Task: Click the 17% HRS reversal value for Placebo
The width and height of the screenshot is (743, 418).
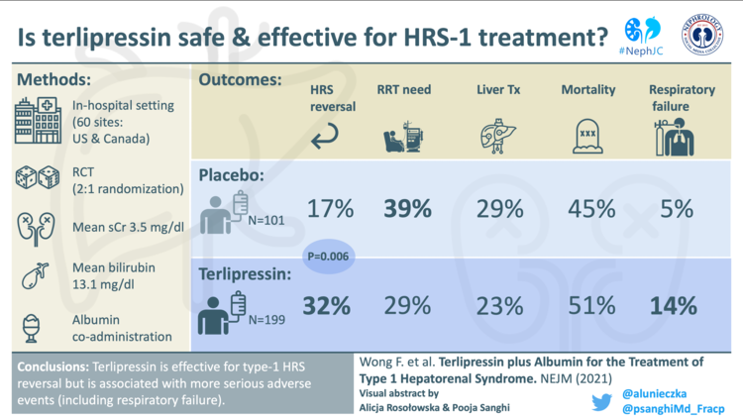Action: click(331, 209)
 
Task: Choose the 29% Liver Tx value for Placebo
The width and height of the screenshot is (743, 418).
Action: click(499, 209)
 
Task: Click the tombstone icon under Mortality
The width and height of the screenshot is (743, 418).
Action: click(587, 137)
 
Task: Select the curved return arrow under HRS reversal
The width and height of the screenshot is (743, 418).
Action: click(325, 140)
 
